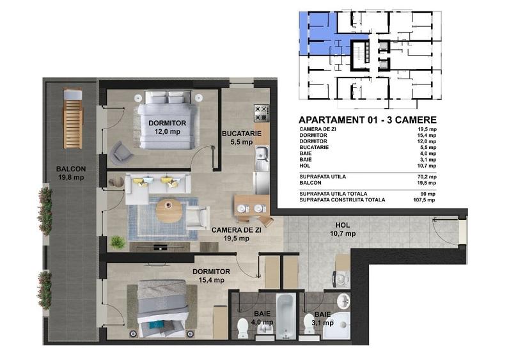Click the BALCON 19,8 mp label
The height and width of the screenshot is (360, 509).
click(70, 173)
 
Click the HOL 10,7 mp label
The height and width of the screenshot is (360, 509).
click(343, 230)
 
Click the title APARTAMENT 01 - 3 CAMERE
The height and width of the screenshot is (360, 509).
click(368, 120)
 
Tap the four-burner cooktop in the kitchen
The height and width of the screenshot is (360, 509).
click(261, 114)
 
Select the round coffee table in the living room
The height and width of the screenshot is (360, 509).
click(169, 210)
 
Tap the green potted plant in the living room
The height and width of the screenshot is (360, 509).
click(117, 242)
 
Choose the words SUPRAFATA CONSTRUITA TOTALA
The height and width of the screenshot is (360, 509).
click(342, 200)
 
